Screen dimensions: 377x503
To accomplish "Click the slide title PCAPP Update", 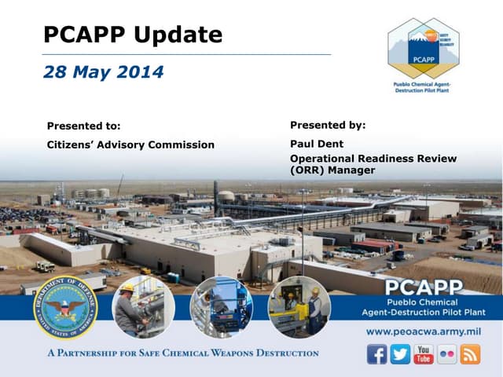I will pyautogui.click(x=132, y=35).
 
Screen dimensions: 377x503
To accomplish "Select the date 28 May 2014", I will pyautogui.click(x=103, y=72).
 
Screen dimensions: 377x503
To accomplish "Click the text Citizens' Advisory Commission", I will pyautogui.click(x=130, y=145).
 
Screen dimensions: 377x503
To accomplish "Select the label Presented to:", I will pyautogui.click(x=84, y=125).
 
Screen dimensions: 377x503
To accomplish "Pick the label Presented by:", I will pyautogui.click(x=328, y=124).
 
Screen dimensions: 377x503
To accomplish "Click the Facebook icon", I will pyautogui.click(x=377, y=354).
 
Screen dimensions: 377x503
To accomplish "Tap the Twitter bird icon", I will pyautogui.click(x=400, y=354).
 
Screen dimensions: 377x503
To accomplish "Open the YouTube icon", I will pyautogui.click(x=424, y=354).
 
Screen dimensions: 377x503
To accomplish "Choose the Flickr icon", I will pyautogui.click(x=446, y=354).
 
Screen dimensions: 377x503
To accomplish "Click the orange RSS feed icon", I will pyautogui.click(x=470, y=354).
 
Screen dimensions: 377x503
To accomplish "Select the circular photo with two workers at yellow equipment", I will pyautogui.click(x=299, y=306).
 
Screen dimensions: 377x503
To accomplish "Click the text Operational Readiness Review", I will pyautogui.click(x=373, y=159).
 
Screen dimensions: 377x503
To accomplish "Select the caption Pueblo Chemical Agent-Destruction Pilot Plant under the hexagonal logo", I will pyautogui.click(x=424, y=86).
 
